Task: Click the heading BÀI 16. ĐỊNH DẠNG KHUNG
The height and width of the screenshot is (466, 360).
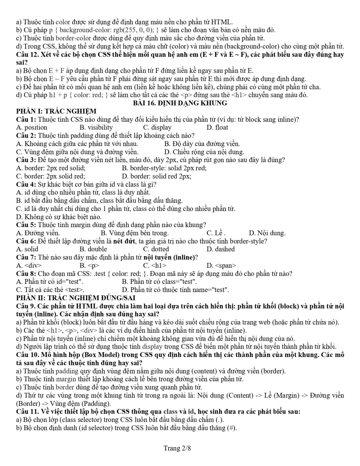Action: point(180,103)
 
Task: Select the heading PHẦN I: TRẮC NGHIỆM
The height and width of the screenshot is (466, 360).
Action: point(56,111)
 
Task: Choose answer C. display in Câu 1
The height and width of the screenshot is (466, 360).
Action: point(157,127)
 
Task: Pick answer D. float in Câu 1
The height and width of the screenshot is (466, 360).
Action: point(217,127)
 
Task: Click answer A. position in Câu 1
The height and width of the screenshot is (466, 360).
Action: point(32,127)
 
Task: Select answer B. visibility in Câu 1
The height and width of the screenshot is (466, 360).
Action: point(96,127)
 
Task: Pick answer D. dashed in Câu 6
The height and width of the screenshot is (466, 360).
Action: point(220,249)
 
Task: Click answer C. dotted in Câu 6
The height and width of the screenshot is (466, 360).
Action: point(156,249)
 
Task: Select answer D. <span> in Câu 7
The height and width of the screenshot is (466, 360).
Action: point(221,265)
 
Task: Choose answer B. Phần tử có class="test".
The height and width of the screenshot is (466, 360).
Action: point(159,282)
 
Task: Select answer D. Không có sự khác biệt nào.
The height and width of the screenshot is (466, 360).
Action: point(59,217)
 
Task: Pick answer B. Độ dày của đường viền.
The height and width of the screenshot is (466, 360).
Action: point(202,144)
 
